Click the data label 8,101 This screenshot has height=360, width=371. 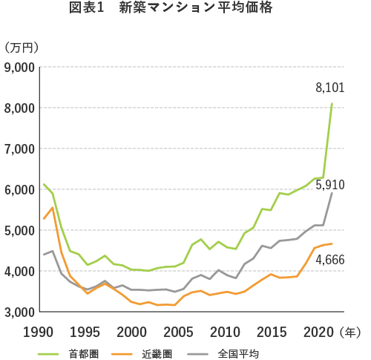pyautogui.click(x=330, y=88)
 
